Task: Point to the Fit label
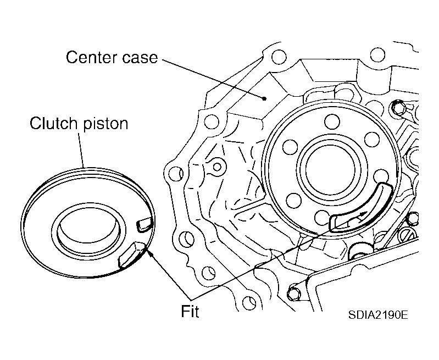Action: (x=190, y=312)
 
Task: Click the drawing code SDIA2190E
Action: (x=377, y=316)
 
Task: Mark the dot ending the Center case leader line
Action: (x=264, y=99)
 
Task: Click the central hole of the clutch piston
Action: (x=85, y=231)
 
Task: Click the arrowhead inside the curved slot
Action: (x=363, y=213)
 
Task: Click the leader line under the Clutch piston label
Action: (x=81, y=149)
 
